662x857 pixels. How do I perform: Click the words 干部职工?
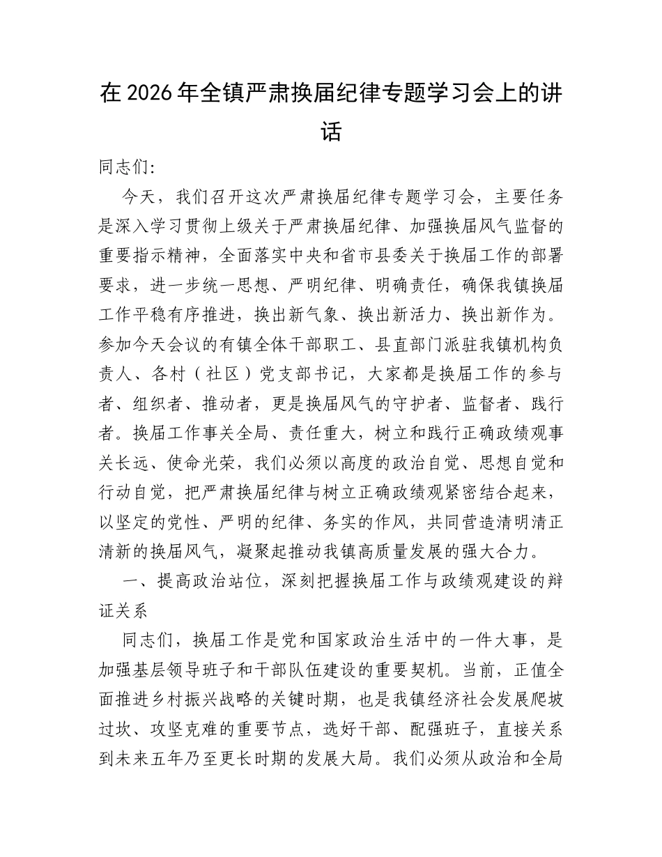[x=275, y=348]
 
